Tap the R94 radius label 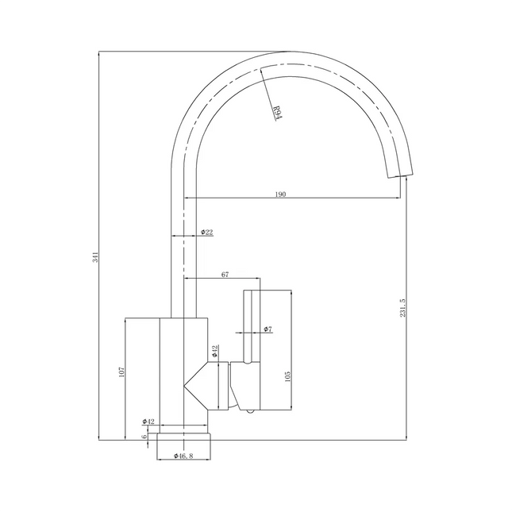pos(277,113)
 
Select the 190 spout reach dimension pos(281,193)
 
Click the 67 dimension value pos(225,274)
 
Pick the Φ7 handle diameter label pos(268,328)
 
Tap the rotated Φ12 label pos(215,350)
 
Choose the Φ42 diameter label pos(148,422)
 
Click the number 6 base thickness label pos(144,437)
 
